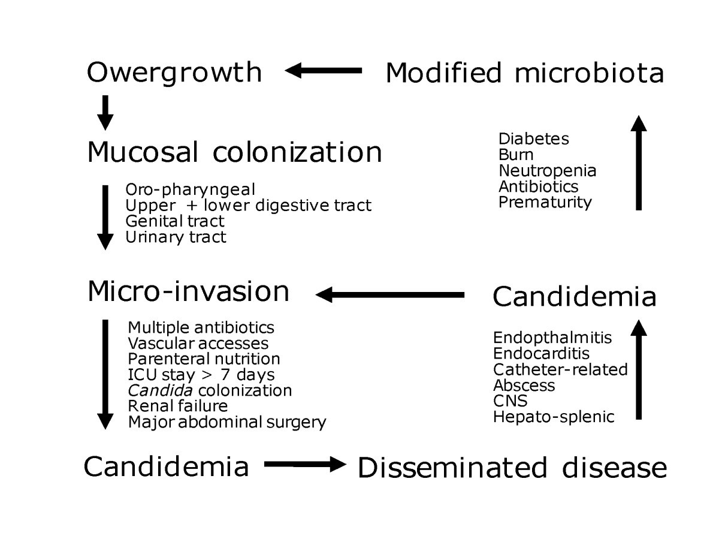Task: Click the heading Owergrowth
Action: click(x=174, y=73)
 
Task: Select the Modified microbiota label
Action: click(x=524, y=73)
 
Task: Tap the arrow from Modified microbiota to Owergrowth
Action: click(x=324, y=71)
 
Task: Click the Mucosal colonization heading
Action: click(x=234, y=152)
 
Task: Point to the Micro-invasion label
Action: click(x=188, y=292)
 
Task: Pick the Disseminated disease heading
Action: click(x=512, y=468)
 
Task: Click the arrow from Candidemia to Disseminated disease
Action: click(x=305, y=464)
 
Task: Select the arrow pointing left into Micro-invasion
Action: click(x=389, y=294)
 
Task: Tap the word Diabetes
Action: click(x=533, y=138)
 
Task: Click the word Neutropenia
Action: click(x=547, y=170)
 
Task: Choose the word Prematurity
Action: click(x=545, y=202)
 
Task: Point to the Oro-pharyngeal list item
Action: click(x=190, y=189)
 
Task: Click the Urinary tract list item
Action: click(x=176, y=237)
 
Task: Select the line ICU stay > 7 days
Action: click(x=201, y=375)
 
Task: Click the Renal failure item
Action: click(x=177, y=406)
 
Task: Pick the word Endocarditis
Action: click(x=541, y=353)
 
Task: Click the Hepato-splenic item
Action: click(x=554, y=416)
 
